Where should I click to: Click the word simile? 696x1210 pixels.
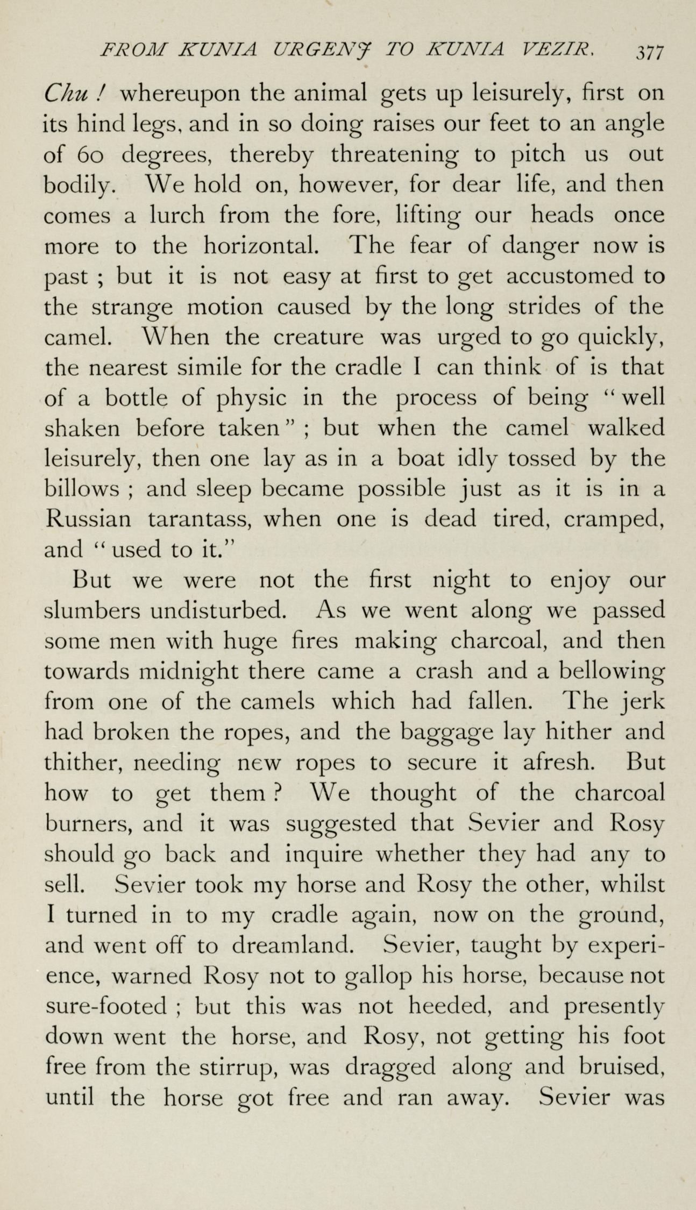(x=212, y=367)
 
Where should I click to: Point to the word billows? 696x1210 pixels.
(x=81, y=489)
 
